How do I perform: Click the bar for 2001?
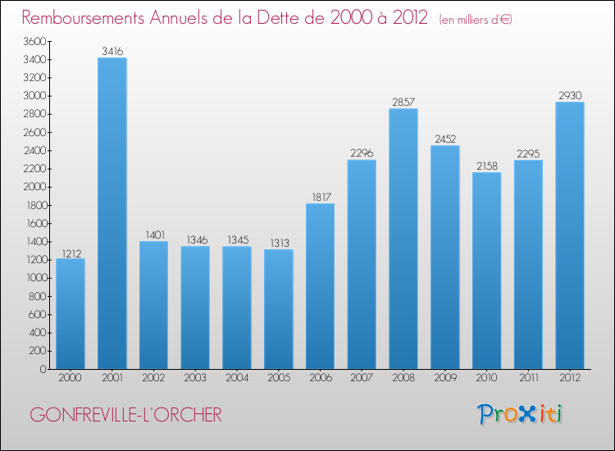click(x=112, y=213)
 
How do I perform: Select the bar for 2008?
click(x=403, y=239)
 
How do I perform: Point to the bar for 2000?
click(x=71, y=313)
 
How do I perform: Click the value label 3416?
click(x=112, y=51)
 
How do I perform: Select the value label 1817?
click(x=321, y=197)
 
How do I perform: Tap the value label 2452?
click(x=445, y=139)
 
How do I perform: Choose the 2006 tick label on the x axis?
click(x=321, y=379)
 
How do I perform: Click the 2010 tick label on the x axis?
click(x=487, y=379)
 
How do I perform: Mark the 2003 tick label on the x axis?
click(x=195, y=379)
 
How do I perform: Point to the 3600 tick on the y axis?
click(x=35, y=41)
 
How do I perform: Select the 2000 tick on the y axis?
click(x=35, y=187)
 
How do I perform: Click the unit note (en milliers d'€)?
click(x=464, y=19)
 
